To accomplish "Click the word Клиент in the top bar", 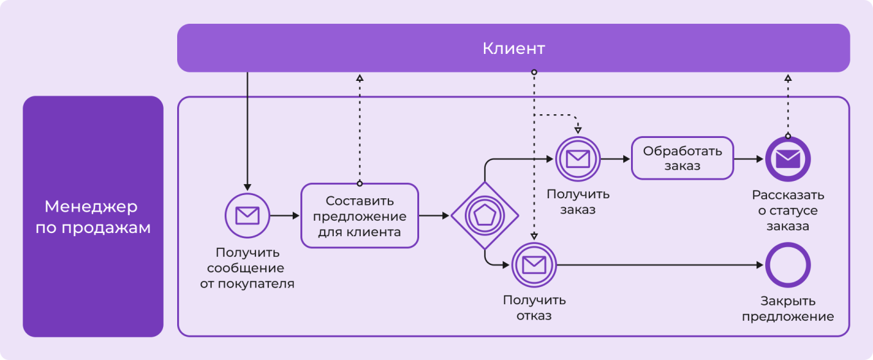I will (514, 48).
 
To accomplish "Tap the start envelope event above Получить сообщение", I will (247, 216).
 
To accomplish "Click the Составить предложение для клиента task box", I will (359, 216).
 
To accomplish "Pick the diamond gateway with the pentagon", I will (484, 216).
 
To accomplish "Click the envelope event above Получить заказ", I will (578, 158).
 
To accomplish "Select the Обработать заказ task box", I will (682, 158).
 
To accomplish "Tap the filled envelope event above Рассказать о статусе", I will (788, 158).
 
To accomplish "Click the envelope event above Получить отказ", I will (533, 264).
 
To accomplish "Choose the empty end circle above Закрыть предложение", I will (788, 264).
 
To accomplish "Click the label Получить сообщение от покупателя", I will (247, 268).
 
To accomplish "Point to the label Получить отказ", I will (534, 307).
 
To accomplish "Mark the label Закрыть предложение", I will (788, 309).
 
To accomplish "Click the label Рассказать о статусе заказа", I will (788, 210).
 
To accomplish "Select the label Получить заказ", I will (578, 202).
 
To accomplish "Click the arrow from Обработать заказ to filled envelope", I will (748, 158).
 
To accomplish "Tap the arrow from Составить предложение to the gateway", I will (434, 216).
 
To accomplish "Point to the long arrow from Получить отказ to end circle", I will (661, 264).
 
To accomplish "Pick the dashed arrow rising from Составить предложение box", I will (359, 128).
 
